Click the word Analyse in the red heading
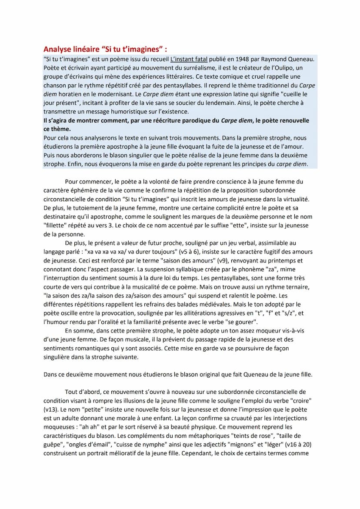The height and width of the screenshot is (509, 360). coord(58,49)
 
